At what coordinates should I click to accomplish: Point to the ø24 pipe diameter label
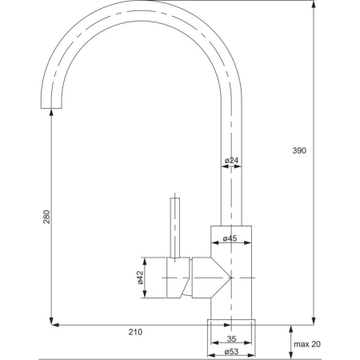pos(231,161)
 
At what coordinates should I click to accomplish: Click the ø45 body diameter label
pos(230,238)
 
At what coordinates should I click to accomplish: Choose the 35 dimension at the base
pos(230,338)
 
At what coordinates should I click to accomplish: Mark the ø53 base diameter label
pos(230,351)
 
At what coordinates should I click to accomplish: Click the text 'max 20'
pos(307,344)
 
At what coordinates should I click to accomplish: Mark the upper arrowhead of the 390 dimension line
pos(313,4)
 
